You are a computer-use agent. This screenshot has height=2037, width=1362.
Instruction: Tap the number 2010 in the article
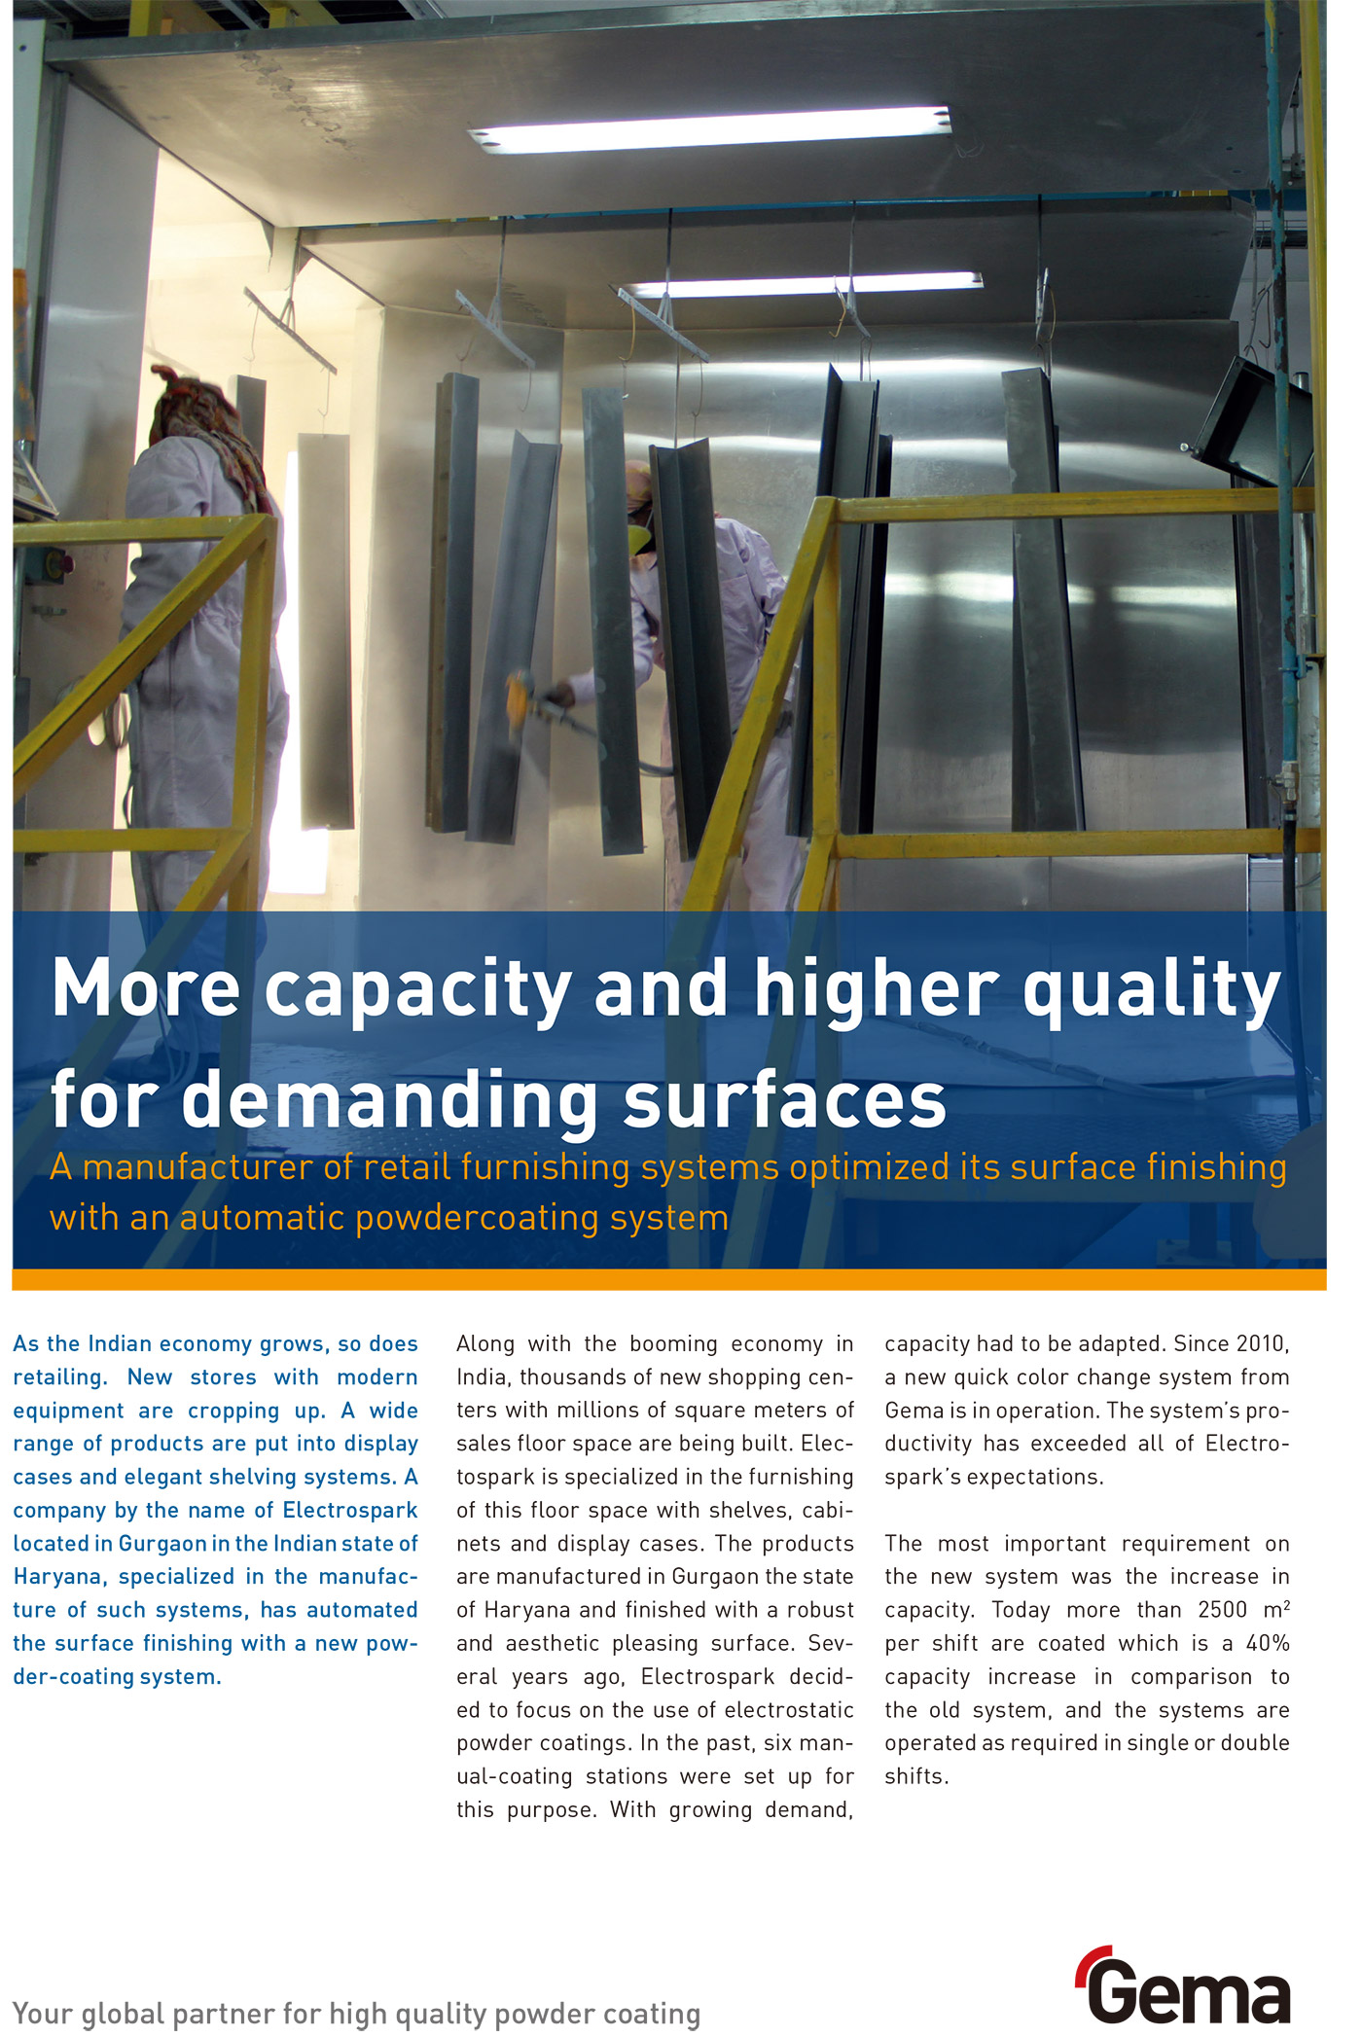(x=1262, y=1344)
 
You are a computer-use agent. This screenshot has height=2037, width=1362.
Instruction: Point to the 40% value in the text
(x=1268, y=1643)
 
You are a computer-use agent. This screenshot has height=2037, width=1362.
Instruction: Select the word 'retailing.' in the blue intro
(x=60, y=1377)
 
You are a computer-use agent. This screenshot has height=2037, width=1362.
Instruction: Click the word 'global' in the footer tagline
(x=132, y=2013)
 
